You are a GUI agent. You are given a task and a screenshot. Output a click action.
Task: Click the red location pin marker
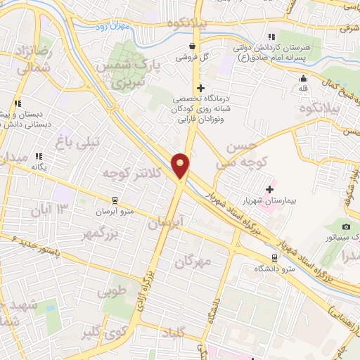click(x=181, y=165)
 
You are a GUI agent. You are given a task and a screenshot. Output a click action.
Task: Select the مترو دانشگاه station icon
click(x=274, y=257)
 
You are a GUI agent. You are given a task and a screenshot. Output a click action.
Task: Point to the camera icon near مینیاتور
click(x=345, y=226)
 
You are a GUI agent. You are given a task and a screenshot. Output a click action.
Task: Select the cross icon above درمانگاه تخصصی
click(x=201, y=88)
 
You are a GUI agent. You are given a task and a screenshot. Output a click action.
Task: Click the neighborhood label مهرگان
click(x=193, y=262)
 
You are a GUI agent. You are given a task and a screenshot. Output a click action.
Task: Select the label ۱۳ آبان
click(x=51, y=209)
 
